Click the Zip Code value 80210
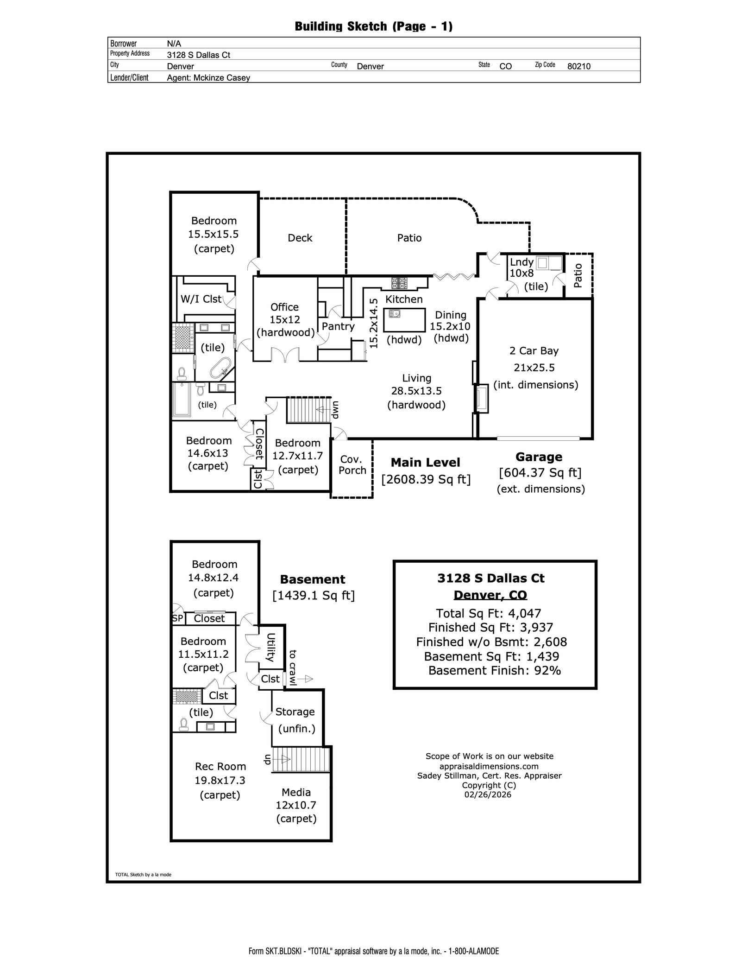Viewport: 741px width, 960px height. point(579,66)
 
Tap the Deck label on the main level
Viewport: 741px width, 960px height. point(300,238)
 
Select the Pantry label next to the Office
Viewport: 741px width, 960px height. point(338,326)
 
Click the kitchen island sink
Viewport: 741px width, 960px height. point(395,314)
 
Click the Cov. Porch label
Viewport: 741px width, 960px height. point(352,464)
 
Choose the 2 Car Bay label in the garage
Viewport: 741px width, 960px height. point(534,351)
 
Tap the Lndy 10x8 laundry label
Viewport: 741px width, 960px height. point(522,267)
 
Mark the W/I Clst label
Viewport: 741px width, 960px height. point(201,299)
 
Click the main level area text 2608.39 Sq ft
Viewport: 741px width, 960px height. point(426,479)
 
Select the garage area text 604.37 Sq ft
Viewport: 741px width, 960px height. point(540,473)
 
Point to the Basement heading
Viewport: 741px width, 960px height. point(313,579)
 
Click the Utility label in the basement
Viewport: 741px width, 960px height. point(271,648)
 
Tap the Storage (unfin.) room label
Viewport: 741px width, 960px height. point(295,720)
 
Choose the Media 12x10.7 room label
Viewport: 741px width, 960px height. point(296,805)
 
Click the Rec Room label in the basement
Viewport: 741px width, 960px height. point(220,766)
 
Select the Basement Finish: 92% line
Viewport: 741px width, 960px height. point(495,670)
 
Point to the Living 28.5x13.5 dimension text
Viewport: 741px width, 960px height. point(416,391)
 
